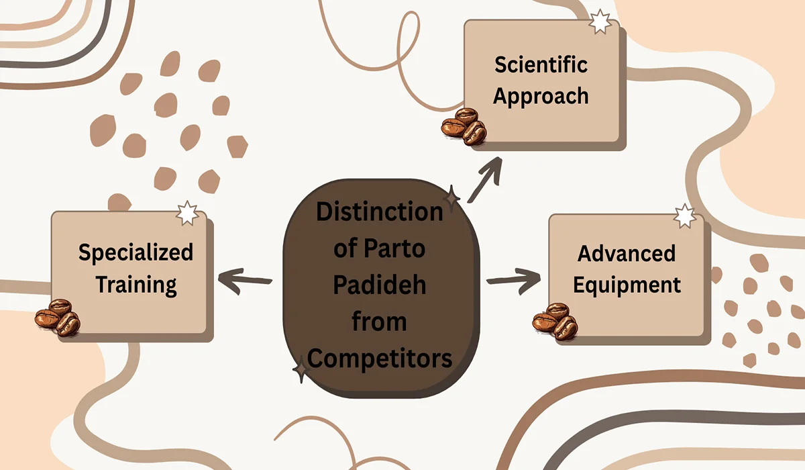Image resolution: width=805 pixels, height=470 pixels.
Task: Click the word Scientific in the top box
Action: click(541, 65)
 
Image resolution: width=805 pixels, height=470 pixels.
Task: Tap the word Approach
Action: click(541, 95)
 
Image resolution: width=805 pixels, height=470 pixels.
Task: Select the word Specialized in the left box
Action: click(136, 252)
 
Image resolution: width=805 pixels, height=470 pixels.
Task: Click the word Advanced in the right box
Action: click(627, 254)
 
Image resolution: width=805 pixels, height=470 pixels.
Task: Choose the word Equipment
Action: click(627, 284)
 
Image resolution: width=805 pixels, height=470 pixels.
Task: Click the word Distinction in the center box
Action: click(380, 212)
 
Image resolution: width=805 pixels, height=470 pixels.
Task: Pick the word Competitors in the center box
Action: click(380, 358)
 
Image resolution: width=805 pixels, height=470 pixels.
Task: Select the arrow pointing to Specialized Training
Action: click(246, 279)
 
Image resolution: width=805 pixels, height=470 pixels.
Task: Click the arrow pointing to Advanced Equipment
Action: click(513, 278)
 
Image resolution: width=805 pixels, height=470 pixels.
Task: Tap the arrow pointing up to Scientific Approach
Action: click(486, 178)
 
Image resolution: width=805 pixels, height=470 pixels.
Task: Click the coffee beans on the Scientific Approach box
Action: click(464, 126)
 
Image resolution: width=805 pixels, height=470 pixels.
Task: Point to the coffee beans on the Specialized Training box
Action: click(58, 317)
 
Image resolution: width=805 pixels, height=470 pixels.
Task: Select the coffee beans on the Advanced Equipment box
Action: click(555, 321)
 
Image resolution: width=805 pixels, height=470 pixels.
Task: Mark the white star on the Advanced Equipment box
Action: click(684, 216)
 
